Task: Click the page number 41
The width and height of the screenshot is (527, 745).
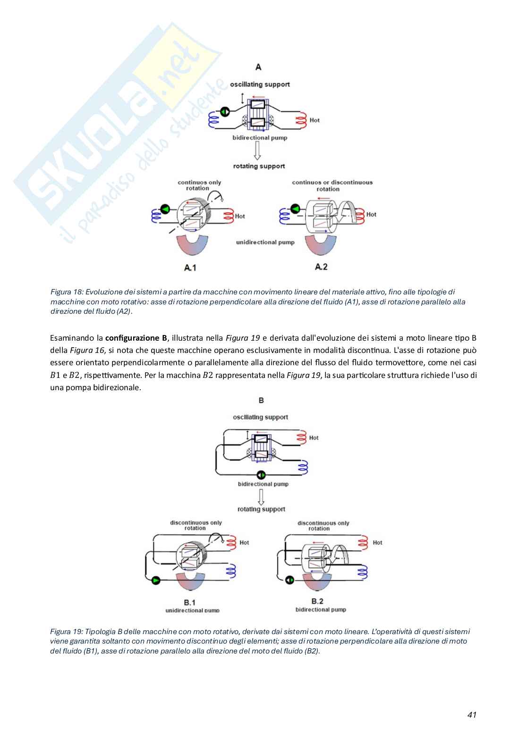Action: click(x=472, y=714)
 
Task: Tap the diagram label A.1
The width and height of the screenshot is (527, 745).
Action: click(x=190, y=268)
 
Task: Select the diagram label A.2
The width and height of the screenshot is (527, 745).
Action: click(x=321, y=267)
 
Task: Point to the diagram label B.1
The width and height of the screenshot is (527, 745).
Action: click(x=189, y=602)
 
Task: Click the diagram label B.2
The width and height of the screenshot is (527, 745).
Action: click(x=317, y=601)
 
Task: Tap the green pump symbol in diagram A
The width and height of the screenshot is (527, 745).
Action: click(x=225, y=112)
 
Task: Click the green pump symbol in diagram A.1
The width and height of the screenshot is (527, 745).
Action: click(x=165, y=209)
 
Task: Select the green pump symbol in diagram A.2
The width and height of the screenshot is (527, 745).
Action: click(x=295, y=208)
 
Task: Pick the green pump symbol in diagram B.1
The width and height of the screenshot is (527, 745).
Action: click(x=156, y=580)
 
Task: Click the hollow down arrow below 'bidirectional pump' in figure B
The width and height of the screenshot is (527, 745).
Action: click(x=261, y=497)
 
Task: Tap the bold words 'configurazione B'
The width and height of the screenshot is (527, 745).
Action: click(x=136, y=338)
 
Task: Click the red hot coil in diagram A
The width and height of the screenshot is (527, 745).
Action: click(x=301, y=121)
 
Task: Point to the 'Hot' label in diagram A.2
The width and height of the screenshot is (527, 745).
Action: click(x=371, y=214)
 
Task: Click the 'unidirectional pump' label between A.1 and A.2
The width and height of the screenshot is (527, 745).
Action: click(x=265, y=242)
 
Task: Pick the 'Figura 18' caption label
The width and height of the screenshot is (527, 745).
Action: click(x=67, y=292)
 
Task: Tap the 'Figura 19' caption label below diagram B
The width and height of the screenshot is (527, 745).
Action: click(x=67, y=631)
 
